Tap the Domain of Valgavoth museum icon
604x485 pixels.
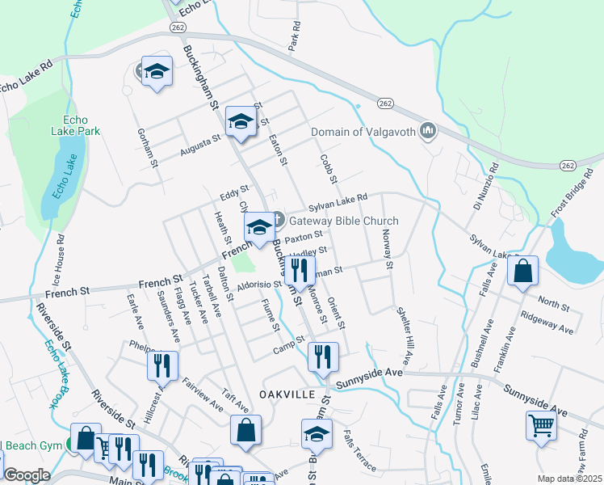tap(428, 132)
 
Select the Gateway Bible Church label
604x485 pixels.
tap(344, 221)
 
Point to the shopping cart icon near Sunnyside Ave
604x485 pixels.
tap(541, 424)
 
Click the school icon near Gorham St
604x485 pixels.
tap(157, 71)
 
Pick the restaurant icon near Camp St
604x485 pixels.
tap(322, 356)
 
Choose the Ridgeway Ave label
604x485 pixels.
tap(547, 323)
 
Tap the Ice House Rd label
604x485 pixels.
tap(60, 259)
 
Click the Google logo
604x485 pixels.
tap(27, 475)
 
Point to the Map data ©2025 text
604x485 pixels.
tap(569, 479)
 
